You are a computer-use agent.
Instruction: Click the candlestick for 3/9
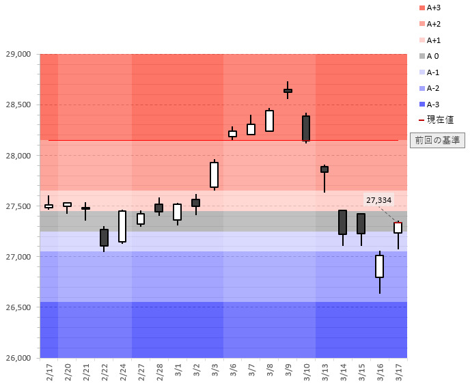pyautogui.click(x=288, y=90)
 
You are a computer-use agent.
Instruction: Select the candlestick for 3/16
pyautogui.click(x=379, y=266)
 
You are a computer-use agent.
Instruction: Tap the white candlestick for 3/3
pyautogui.click(x=214, y=175)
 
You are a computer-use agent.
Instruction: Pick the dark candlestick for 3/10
pyautogui.click(x=306, y=128)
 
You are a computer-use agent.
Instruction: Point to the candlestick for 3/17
pyautogui.click(x=398, y=227)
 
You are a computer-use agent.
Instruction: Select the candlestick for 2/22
pyautogui.click(x=104, y=237)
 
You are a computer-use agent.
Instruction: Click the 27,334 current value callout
pyautogui.click(x=378, y=200)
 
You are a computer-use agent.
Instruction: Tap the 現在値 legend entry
pyautogui.click(x=437, y=120)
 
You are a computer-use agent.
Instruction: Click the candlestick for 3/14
pyautogui.click(x=342, y=222)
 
